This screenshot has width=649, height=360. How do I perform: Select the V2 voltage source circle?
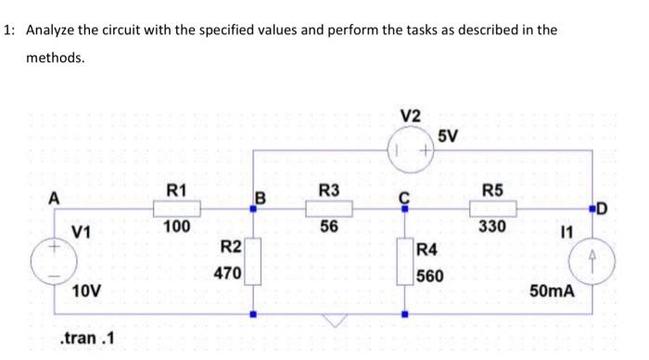coord(404,149)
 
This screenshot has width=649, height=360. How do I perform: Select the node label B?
coord(261,197)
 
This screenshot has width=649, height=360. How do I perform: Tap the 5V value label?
coord(447,136)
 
